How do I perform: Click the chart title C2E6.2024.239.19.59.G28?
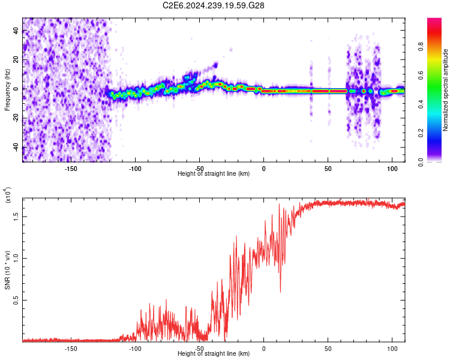coord(214,5)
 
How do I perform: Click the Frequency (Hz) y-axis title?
coord(7,89)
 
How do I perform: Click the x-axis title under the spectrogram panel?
coord(214,173)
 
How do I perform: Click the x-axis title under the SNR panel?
coord(214,353)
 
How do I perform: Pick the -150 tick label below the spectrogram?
coord(71,168)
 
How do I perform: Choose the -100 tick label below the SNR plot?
coord(135,348)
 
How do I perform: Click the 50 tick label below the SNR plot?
coord(328,348)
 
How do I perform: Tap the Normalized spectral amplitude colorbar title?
coord(446,90)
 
